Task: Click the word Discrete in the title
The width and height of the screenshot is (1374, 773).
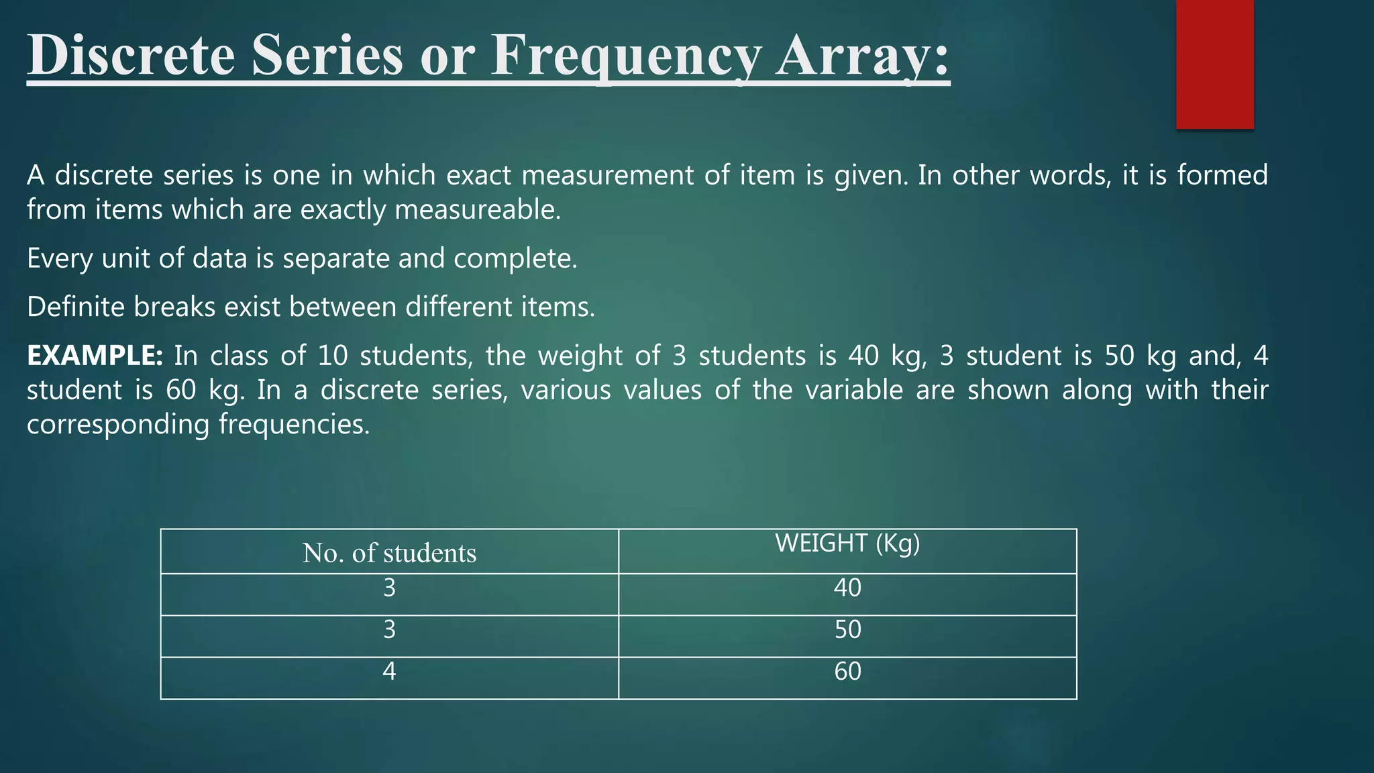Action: (x=131, y=55)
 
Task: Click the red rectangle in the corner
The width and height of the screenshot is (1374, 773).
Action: (x=1214, y=64)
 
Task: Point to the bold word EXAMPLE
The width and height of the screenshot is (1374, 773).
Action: (x=95, y=356)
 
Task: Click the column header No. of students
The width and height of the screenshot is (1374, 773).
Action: (x=389, y=553)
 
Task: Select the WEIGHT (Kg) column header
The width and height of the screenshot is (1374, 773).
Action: (x=847, y=543)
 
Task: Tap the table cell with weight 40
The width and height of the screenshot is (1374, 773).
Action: (x=847, y=588)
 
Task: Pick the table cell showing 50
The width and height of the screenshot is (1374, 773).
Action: (x=847, y=629)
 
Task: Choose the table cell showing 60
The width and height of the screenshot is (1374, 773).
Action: (x=847, y=672)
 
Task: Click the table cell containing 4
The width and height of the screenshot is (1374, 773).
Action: (x=389, y=672)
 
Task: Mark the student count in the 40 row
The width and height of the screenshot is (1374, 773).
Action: (x=389, y=588)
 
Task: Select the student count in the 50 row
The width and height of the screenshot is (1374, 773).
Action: (x=389, y=629)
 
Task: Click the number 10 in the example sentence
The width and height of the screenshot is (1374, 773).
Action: (x=332, y=356)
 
